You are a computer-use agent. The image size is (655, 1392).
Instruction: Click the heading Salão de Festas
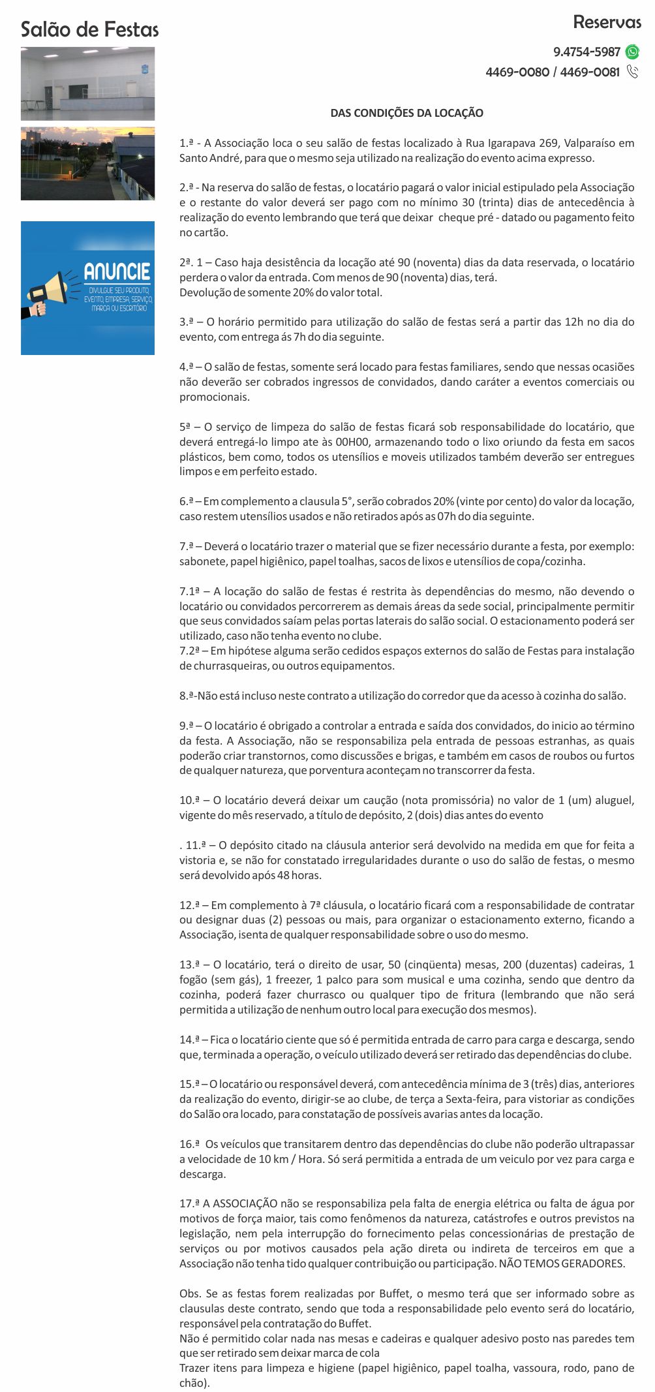pyautogui.click(x=89, y=29)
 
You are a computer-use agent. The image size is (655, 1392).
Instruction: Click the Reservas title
pyautogui.click(x=607, y=22)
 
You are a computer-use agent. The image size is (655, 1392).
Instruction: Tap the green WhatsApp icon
pyautogui.click(x=632, y=52)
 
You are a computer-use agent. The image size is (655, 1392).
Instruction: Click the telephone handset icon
pyautogui.click(x=632, y=72)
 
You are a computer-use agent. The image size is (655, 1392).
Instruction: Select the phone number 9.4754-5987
pyautogui.click(x=586, y=52)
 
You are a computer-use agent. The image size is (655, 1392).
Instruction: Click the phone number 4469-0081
pyautogui.click(x=590, y=72)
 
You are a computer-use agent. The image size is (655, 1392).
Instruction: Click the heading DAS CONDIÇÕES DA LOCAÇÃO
pyautogui.click(x=406, y=113)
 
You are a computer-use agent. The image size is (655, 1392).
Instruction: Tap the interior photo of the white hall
pyautogui.click(x=87, y=84)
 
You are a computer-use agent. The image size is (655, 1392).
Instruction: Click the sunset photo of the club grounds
pyautogui.click(x=87, y=163)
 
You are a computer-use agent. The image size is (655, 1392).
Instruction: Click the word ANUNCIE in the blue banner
pyautogui.click(x=117, y=272)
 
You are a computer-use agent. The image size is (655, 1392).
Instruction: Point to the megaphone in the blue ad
pyautogui.click(x=49, y=292)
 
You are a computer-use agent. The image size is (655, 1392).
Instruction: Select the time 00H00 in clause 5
pyautogui.click(x=357, y=442)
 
